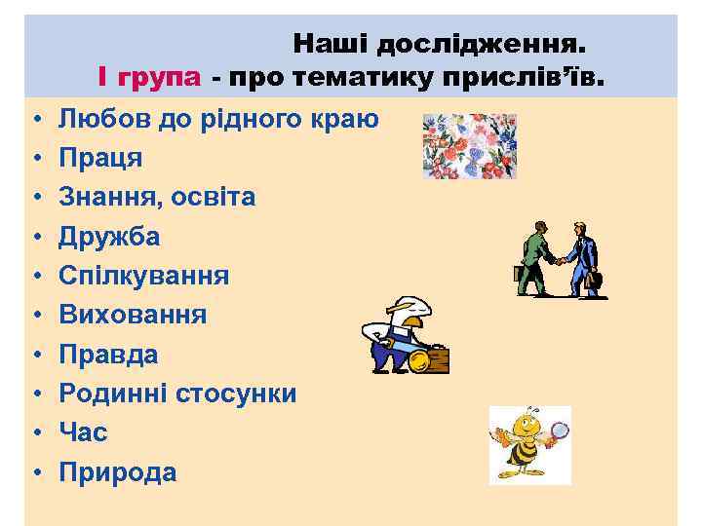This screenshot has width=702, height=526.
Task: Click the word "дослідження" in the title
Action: point(482,44)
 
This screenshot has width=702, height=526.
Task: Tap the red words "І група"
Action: point(149,76)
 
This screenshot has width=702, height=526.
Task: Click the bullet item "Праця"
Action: point(100,158)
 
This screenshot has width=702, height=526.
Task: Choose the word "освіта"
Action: point(214,197)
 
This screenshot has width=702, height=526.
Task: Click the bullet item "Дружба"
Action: point(109,237)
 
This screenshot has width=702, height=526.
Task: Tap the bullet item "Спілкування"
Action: point(143,276)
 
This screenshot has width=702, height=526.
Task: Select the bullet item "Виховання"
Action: point(133,315)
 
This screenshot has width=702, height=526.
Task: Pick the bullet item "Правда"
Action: point(108,355)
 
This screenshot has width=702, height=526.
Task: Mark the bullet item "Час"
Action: point(83,432)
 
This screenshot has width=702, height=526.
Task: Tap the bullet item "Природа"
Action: point(118,472)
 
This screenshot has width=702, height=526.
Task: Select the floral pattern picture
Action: point(469,146)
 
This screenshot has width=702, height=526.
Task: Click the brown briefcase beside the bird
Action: point(432,359)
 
